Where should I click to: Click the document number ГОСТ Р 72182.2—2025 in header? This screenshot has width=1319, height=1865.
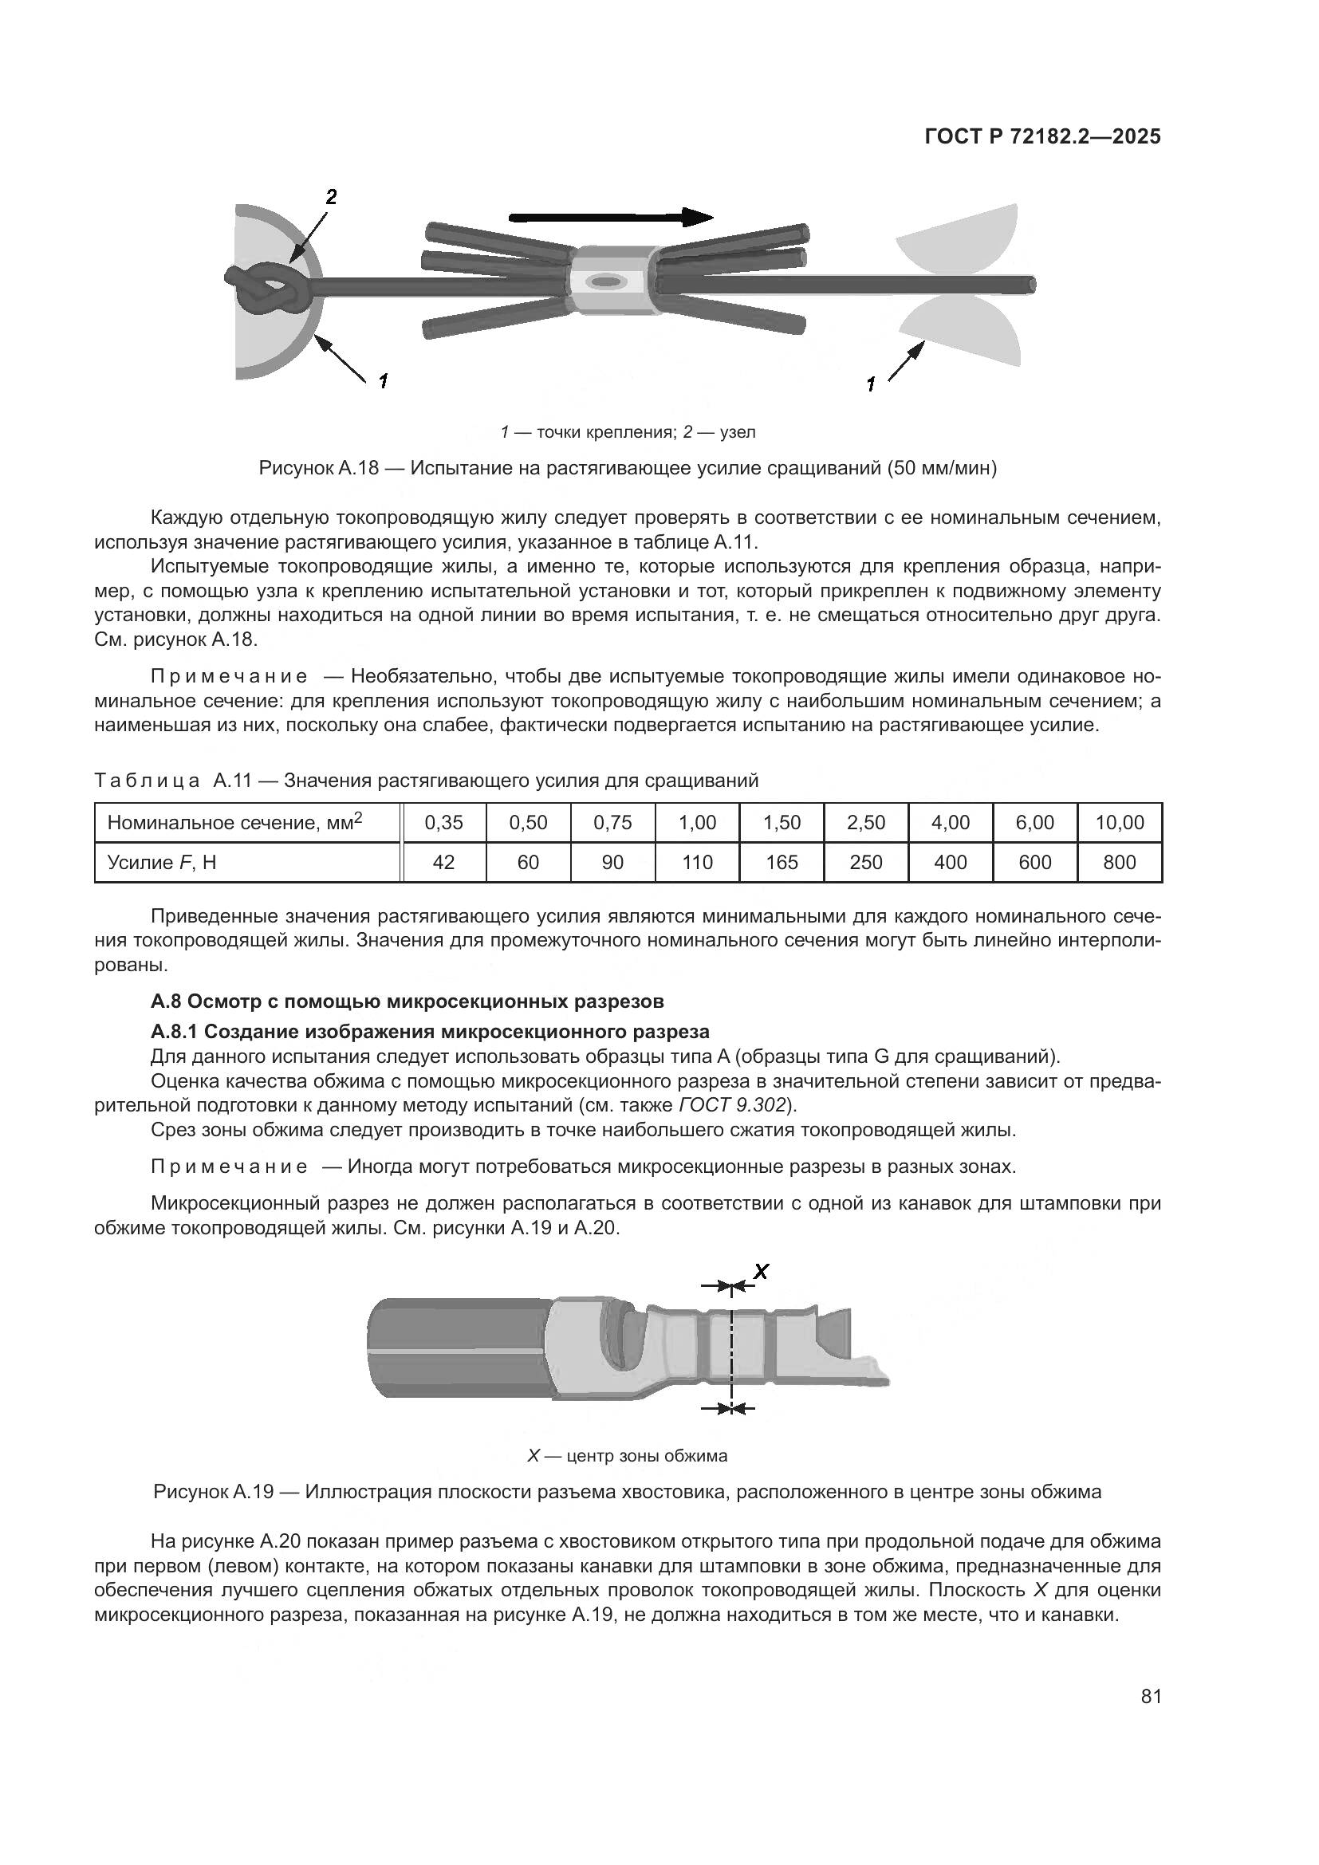click(1042, 137)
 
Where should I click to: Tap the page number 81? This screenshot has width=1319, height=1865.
click(1151, 1697)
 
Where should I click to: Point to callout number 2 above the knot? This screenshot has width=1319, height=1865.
click(331, 197)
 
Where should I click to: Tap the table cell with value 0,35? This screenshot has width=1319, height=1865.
click(443, 823)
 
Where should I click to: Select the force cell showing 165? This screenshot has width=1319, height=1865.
click(782, 862)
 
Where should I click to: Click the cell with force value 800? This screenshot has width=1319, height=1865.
click(1118, 862)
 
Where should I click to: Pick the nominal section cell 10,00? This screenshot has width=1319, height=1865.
click(1118, 823)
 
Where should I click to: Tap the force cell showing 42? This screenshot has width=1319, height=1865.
click(443, 862)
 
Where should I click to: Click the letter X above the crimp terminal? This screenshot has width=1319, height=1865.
click(761, 1271)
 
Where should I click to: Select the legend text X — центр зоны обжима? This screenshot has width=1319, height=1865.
click(627, 1456)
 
